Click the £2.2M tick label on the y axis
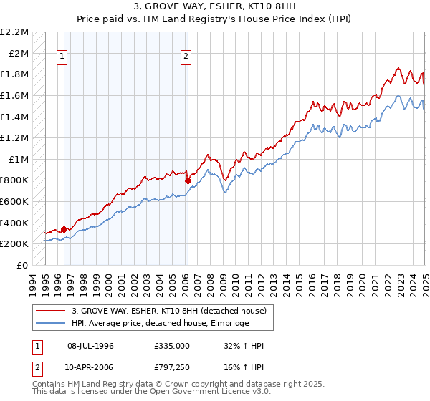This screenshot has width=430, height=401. pyautogui.click(x=14, y=32)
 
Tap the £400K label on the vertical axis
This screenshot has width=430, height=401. pyautogui.click(x=14, y=223)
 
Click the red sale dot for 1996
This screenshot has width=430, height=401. pyautogui.click(x=64, y=229)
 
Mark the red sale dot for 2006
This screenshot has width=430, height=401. pyautogui.click(x=187, y=180)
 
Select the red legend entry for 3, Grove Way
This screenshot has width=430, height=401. pyautogui.click(x=169, y=311)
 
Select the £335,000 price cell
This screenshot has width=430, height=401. pyautogui.click(x=171, y=346)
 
